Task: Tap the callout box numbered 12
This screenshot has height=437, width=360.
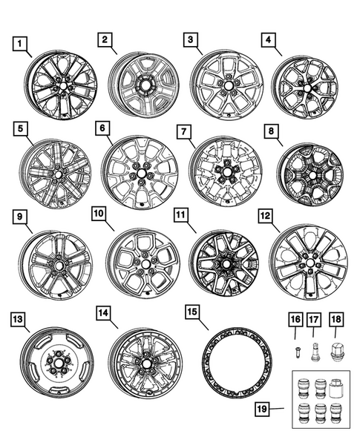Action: [264, 215]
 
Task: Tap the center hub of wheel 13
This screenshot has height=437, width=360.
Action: [56, 362]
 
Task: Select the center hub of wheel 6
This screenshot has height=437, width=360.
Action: [138, 176]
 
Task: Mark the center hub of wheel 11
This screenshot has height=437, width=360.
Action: [225, 265]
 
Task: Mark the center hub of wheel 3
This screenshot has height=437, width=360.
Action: [224, 86]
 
